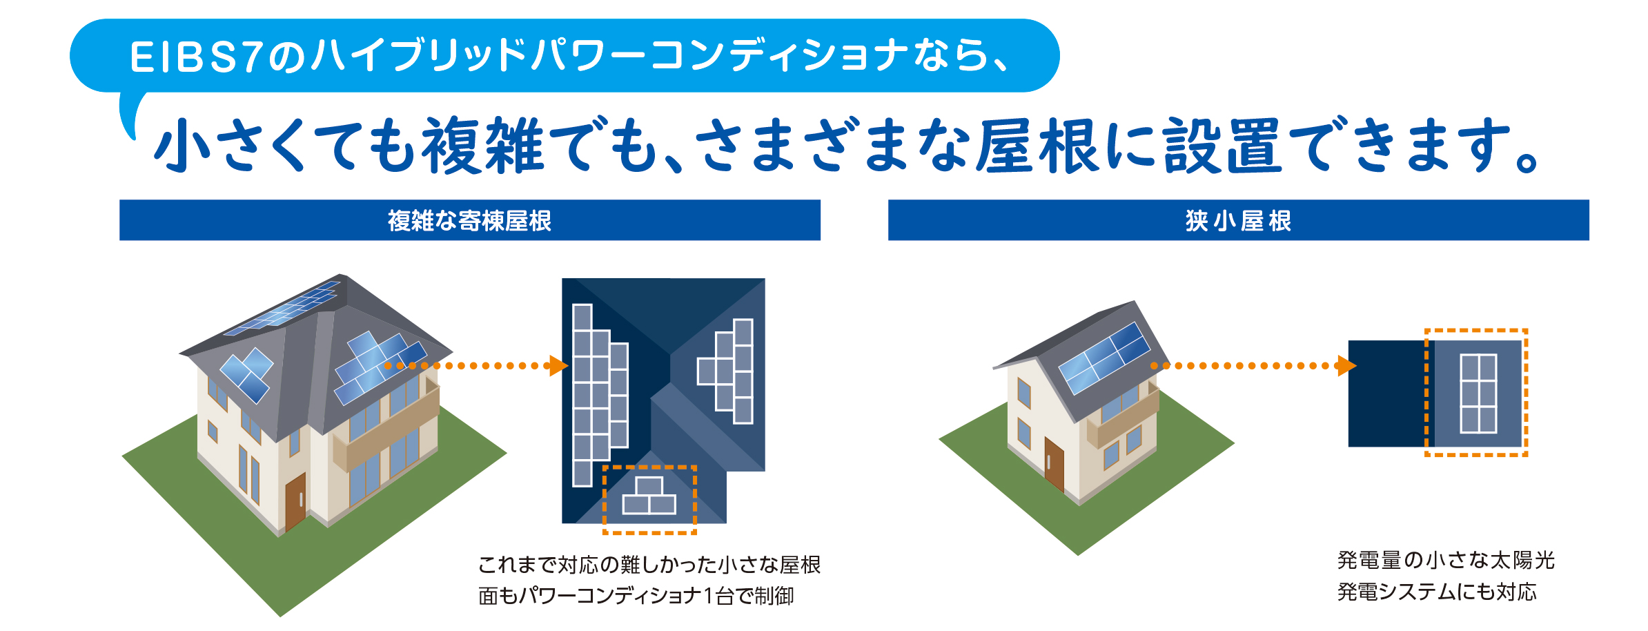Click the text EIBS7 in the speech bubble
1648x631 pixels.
[x=195, y=57]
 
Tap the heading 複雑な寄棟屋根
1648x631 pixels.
[x=469, y=221]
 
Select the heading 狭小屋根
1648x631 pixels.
[x=1238, y=221]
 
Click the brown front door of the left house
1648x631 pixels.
[x=295, y=501]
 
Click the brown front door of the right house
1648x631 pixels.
[x=1054, y=464]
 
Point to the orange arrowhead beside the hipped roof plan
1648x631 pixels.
[x=558, y=366]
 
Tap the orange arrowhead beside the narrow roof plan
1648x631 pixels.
[x=1346, y=366]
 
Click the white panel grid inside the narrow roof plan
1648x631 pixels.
[x=1478, y=394]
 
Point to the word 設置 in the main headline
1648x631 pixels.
[x=1222, y=145]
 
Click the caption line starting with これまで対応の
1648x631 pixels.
[x=649, y=565]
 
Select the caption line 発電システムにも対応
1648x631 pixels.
[x=1437, y=592]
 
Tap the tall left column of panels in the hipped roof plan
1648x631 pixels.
[x=592, y=395]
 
